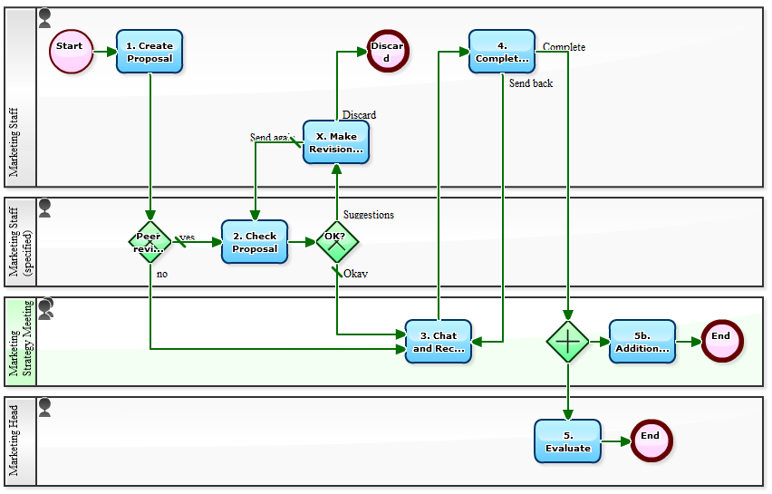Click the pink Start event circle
pyautogui.click(x=71, y=52)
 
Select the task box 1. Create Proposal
pyautogui.click(x=150, y=52)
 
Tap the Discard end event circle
pyautogui.click(x=388, y=52)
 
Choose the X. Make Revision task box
pyautogui.click(x=335, y=142)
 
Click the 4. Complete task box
pyautogui.click(x=501, y=52)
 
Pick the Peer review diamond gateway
pyautogui.click(x=150, y=242)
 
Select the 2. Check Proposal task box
pyautogui.click(x=255, y=242)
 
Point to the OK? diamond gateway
pyautogui.click(x=336, y=242)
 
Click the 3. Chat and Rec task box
pyautogui.click(x=439, y=342)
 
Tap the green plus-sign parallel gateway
pyautogui.click(x=568, y=342)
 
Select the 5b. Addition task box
pyautogui.click(x=642, y=342)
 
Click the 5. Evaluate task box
pyautogui.click(x=567, y=441)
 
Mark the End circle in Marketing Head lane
pyautogui.click(x=651, y=441)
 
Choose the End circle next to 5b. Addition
pyautogui.click(x=721, y=342)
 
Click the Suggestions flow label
pyautogui.click(x=368, y=215)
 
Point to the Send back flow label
pyautogui.click(x=530, y=83)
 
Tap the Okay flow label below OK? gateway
pyautogui.click(x=355, y=274)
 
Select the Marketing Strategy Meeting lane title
pyautogui.click(x=20, y=342)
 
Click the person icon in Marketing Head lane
pyautogui.click(x=44, y=408)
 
